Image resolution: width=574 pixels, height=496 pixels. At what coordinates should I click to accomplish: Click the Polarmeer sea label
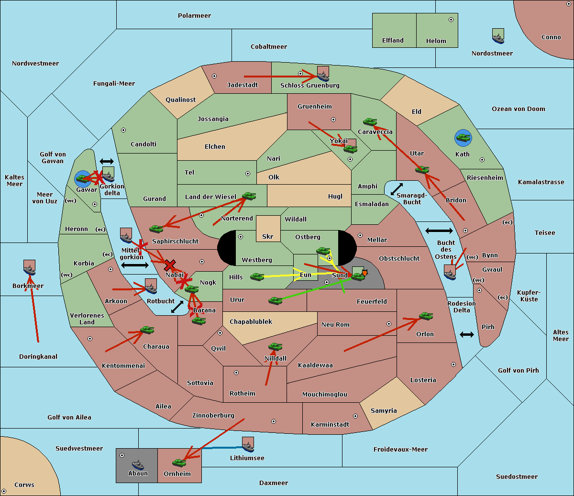click(x=194, y=16)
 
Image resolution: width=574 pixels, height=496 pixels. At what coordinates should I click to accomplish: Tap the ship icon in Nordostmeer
click(x=498, y=36)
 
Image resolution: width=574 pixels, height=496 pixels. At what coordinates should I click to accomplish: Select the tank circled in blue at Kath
click(x=463, y=138)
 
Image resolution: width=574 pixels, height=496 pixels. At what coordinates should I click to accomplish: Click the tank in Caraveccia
click(x=370, y=122)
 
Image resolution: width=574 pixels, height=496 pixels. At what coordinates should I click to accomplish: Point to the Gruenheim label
click(x=314, y=107)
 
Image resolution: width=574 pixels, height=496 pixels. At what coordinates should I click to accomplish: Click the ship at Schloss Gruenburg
click(x=323, y=75)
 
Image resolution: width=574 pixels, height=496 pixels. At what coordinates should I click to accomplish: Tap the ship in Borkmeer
click(x=29, y=268)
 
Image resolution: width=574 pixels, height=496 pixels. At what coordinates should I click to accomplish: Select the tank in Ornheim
click(x=179, y=463)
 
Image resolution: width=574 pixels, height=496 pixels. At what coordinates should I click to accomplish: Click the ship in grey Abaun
click(x=138, y=464)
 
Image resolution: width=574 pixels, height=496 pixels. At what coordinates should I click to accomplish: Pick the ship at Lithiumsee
click(x=248, y=445)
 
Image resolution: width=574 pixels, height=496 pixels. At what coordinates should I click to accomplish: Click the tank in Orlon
click(x=426, y=316)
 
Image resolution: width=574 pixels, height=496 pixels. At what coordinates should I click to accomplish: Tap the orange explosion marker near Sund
click(x=364, y=273)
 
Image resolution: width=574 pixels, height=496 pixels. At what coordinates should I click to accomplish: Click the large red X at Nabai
click(x=169, y=265)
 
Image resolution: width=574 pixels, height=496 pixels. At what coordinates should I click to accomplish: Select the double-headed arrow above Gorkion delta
click(x=106, y=162)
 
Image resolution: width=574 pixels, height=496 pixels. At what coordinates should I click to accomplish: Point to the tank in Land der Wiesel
click(x=249, y=196)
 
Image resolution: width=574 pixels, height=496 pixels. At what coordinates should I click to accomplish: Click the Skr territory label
click(x=268, y=237)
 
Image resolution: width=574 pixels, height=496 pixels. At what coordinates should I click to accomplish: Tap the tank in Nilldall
click(x=275, y=347)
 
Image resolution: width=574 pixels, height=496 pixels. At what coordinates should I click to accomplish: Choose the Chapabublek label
click(x=251, y=322)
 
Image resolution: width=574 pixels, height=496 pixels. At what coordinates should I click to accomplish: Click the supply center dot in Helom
click(x=451, y=20)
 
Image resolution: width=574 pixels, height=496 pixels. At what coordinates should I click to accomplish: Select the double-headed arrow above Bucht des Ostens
click(x=439, y=231)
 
